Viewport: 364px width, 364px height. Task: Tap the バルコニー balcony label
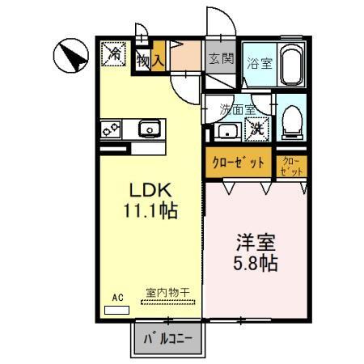pyautogui.click(x=168, y=339)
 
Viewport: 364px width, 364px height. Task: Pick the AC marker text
pyautogui.click(x=116, y=298)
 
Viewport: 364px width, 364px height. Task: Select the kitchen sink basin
pyautogui.click(x=149, y=129)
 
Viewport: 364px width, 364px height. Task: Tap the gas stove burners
pyautogui.click(x=112, y=128)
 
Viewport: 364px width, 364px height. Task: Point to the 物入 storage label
pyautogui.click(x=151, y=58)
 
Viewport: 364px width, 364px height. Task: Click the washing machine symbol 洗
pyautogui.click(x=257, y=127)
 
